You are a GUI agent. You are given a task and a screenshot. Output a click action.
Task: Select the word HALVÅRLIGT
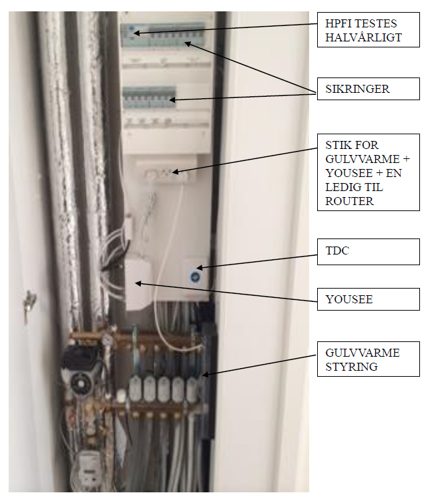(363, 37)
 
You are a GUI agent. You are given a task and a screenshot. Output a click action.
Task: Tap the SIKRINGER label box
(369, 89)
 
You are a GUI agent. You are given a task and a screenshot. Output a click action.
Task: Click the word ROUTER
(349, 201)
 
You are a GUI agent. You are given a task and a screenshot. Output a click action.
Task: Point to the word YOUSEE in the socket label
(349, 173)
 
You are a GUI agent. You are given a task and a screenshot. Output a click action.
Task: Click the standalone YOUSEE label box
(369, 299)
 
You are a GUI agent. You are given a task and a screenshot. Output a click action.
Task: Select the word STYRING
(351, 367)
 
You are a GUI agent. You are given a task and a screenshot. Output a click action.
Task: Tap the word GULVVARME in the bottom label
(363, 353)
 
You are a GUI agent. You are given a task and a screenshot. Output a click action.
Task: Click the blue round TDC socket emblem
(194, 277)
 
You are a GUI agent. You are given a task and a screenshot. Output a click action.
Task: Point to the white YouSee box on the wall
(138, 285)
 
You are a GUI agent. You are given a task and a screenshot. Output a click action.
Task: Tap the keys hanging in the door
(29, 305)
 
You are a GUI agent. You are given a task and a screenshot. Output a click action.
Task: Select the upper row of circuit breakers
(162, 35)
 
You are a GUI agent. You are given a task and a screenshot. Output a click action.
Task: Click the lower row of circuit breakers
(149, 97)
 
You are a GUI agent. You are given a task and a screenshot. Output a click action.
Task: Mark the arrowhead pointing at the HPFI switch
(136, 33)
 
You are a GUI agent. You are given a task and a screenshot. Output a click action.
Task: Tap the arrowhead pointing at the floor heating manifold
(205, 375)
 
